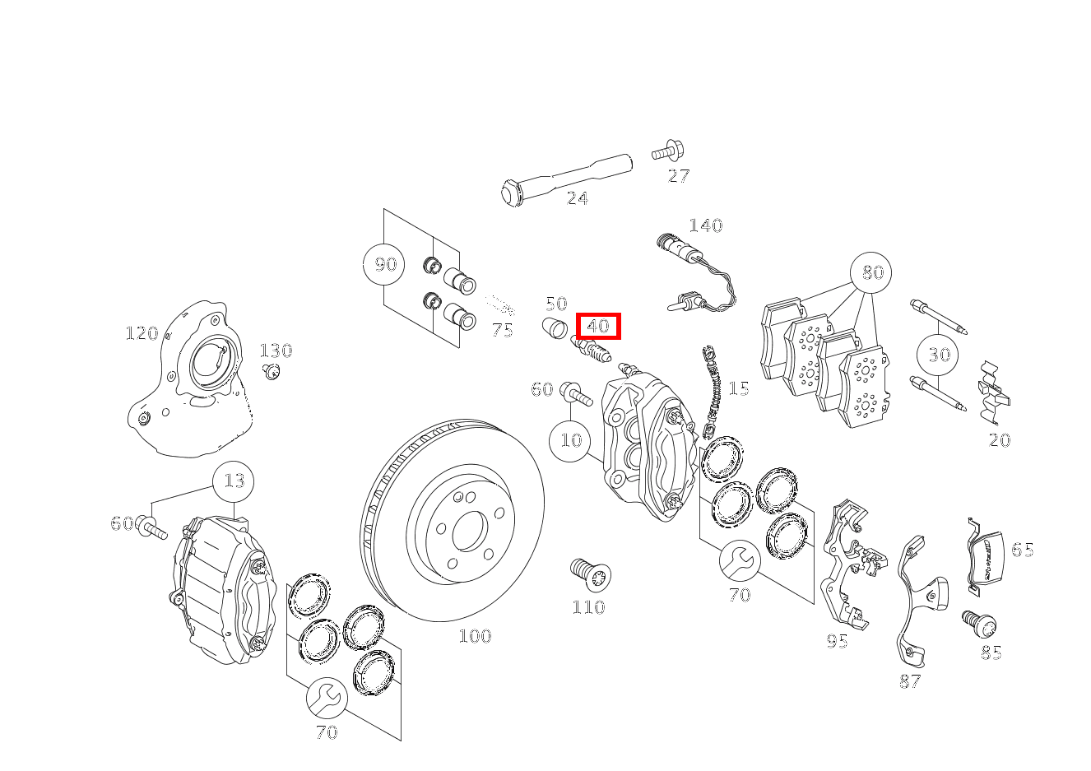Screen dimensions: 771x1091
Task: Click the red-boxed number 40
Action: pyautogui.click(x=597, y=326)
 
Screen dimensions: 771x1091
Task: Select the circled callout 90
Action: pyautogui.click(x=384, y=264)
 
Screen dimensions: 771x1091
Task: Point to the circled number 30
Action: pyautogui.click(x=939, y=355)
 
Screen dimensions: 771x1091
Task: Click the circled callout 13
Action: pyautogui.click(x=234, y=481)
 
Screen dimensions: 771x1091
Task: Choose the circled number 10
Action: pyautogui.click(x=570, y=440)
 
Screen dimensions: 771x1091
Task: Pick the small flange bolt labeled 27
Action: pyautogui.click(x=668, y=152)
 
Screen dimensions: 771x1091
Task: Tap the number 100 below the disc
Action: pyautogui.click(x=475, y=636)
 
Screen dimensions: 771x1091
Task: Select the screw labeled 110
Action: pyautogui.click(x=589, y=574)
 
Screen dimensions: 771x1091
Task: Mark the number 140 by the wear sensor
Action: pyautogui.click(x=705, y=225)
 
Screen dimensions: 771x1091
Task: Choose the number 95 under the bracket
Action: pyautogui.click(x=837, y=641)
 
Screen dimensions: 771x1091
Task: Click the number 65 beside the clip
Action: pyautogui.click(x=1022, y=550)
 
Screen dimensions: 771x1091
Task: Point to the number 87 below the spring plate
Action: pyautogui.click(x=909, y=681)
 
